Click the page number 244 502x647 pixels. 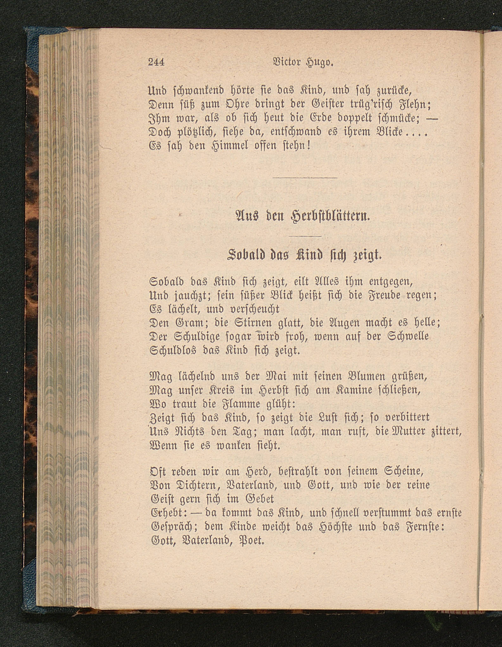pyautogui.click(x=156, y=62)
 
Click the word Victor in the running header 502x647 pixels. pyautogui.click(x=287, y=62)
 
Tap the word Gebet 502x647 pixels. pyautogui.click(x=259, y=499)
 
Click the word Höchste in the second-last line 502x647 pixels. pyautogui.click(x=333, y=526)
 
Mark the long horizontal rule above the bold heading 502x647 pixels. pyautogui.click(x=305, y=178)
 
